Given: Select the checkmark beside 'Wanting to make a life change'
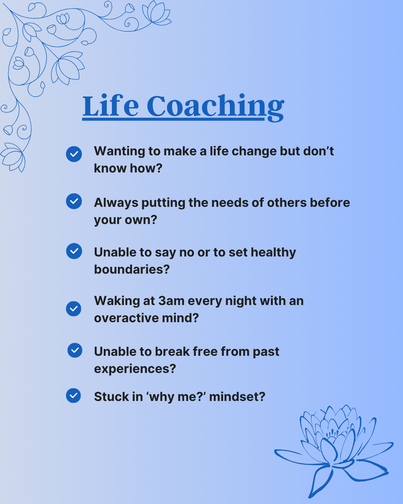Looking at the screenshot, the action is coord(74,154).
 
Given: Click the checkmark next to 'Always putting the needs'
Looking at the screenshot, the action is coord(74,201).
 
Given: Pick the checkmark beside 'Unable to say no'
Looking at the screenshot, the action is coord(74,251).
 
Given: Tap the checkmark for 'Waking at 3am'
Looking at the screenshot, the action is coord(74,309).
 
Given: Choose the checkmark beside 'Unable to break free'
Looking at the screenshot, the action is coord(75,350).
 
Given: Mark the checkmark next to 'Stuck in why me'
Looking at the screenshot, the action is coord(73,396).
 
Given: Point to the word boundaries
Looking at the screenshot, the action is coord(132,269).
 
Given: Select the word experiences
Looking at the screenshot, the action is coord(135,369).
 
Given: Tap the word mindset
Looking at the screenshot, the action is coord(237,397).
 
